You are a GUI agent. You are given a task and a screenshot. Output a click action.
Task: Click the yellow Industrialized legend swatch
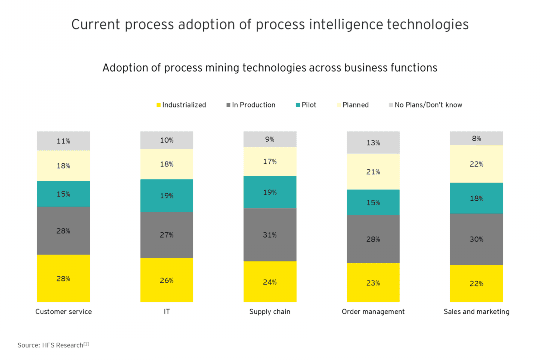tap(159, 105)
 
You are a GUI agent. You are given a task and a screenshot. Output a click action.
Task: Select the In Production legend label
tap(253, 105)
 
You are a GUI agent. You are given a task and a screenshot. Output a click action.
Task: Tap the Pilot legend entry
tap(309, 105)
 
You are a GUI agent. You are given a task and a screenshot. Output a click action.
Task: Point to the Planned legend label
tap(355, 105)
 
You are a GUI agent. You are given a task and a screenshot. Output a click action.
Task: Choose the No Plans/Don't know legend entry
tap(428, 105)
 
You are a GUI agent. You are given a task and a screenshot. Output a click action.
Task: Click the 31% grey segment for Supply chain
tap(270, 235)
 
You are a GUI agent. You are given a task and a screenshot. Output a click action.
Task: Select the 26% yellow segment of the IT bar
tap(166, 280)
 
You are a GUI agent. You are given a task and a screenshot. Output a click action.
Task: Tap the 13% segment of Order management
tap(373, 143)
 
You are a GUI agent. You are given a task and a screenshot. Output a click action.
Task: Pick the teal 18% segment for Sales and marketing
tap(476, 198)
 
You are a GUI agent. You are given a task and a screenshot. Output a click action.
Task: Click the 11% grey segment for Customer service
tap(63, 141)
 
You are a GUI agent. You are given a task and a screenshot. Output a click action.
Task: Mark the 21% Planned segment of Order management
tap(373, 172)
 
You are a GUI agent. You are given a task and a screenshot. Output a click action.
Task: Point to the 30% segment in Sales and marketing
tap(476, 239)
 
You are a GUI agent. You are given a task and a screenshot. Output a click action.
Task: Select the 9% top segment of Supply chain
tap(270, 139)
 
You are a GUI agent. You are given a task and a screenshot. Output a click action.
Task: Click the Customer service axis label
tap(63, 312)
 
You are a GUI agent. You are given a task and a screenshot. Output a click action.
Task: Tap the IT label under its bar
tap(167, 312)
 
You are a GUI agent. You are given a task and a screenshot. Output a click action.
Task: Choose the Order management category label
tap(373, 312)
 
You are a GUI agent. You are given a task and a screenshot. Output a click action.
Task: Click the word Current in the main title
tap(96, 25)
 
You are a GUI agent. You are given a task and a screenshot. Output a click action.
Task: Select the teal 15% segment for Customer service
tap(63, 194)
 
